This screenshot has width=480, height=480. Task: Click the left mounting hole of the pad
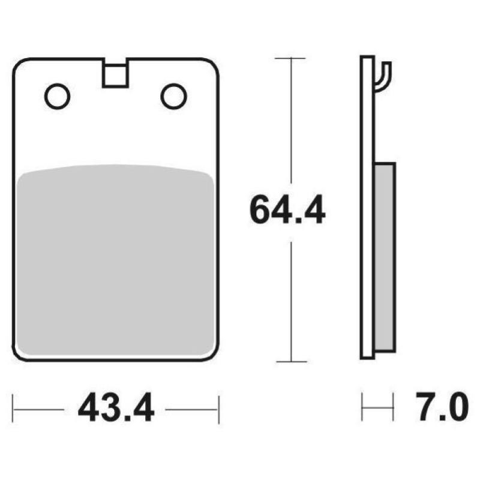click(x=58, y=96)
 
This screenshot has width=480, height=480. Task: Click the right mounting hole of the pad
click(x=174, y=96)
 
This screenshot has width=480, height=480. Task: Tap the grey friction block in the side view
click(x=385, y=255)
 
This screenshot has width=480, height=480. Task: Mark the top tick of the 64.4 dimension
click(x=291, y=58)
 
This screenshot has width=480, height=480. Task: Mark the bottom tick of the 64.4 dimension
click(x=291, y=361)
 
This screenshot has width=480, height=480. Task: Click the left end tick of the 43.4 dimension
click(x=14, y=409)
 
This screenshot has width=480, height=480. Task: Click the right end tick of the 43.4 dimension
click(x=218, y=409)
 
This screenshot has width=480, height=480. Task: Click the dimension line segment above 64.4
click(x=291, y=120)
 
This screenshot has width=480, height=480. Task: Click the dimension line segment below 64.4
click(x=291, y=300)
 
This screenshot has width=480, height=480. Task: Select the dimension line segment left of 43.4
click(x=39, y=409)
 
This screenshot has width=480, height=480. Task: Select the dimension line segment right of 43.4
click(x=192, y=409)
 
